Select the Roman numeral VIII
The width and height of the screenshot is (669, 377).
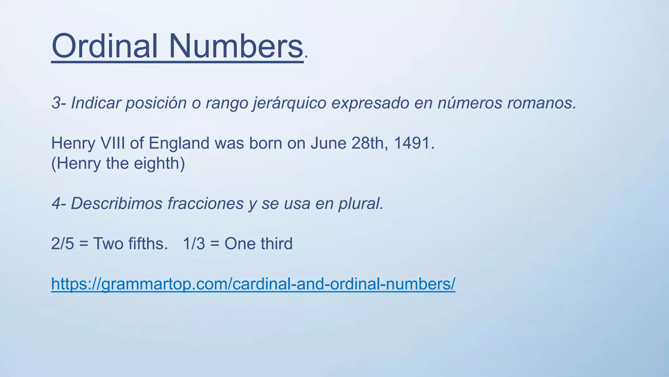(113, 143)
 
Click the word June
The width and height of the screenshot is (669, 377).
(328, 143)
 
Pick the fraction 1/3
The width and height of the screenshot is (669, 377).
(194, 244)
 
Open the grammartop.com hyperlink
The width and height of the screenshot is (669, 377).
(253, 284)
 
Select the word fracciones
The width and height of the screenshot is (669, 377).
(205, 204)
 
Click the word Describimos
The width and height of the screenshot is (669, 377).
(117, 204)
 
